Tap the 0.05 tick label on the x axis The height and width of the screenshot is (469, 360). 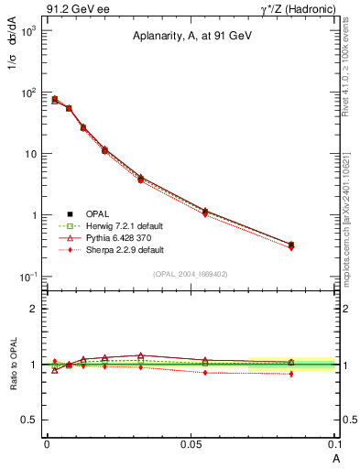click(x=191, y=442)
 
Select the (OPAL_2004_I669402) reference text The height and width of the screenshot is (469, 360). click(x=191, y=274)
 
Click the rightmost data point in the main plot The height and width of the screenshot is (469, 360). click(x=291, y=245)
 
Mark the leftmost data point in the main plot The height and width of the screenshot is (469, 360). click(x=55, y=99)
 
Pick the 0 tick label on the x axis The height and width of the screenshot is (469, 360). click(x=47, y=442)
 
